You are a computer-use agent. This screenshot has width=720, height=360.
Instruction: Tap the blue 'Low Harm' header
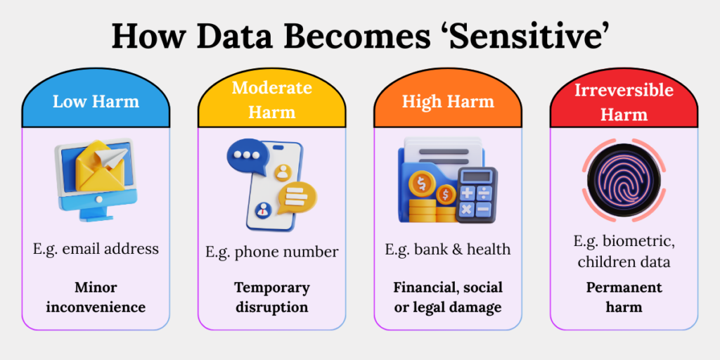point(96,101)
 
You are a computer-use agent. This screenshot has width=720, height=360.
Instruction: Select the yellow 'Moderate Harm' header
point(271,99)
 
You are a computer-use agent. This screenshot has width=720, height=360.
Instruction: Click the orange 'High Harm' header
point(448,101)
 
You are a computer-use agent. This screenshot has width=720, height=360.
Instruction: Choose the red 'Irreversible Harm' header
point(624,101)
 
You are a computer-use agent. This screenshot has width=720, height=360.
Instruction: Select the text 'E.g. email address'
point(96,248)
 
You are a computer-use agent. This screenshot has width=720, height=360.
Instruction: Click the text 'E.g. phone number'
point(271,252)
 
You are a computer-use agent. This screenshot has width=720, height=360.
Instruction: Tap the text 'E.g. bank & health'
point(448,249)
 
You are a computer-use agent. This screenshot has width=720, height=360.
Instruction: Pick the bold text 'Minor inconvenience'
point(96,297)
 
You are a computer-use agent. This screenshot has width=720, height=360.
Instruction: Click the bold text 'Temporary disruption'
point(271,297)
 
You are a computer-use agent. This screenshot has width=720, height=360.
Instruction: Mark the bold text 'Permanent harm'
point(624,297)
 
